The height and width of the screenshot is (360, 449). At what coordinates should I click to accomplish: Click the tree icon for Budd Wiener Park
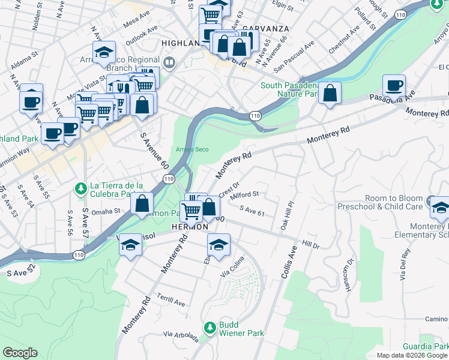point(209,328)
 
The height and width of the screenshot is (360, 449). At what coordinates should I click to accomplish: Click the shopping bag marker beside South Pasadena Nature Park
point(330,93)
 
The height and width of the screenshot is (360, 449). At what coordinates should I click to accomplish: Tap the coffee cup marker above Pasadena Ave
point(394,85)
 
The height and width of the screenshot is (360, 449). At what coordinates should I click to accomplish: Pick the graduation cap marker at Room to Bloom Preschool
point(440,208)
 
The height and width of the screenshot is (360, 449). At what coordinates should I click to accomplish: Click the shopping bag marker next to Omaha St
point(142,203)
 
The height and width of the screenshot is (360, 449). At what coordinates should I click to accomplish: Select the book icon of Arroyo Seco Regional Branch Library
point(169,62)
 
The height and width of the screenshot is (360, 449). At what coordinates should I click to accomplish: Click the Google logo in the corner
point(20,353)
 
